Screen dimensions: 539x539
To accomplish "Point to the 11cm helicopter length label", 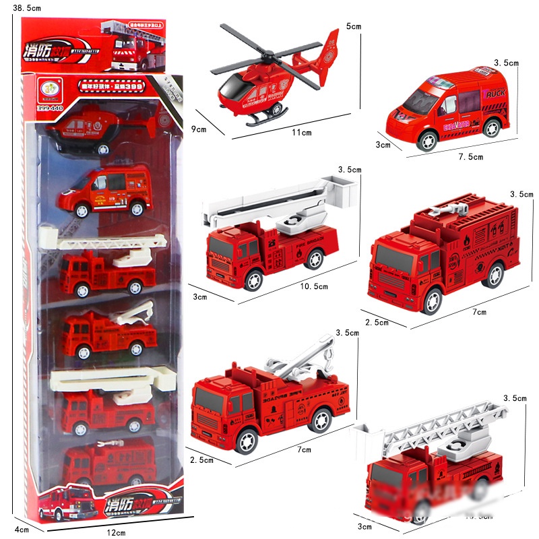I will tap(301, 133).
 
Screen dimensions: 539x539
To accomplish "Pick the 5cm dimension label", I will tap(354, 26).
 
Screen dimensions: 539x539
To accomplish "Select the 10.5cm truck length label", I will tap(314, 286).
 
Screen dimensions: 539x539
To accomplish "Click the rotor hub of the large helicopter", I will tap(267, 55).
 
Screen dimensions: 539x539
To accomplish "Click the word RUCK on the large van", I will tap(495, 94).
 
